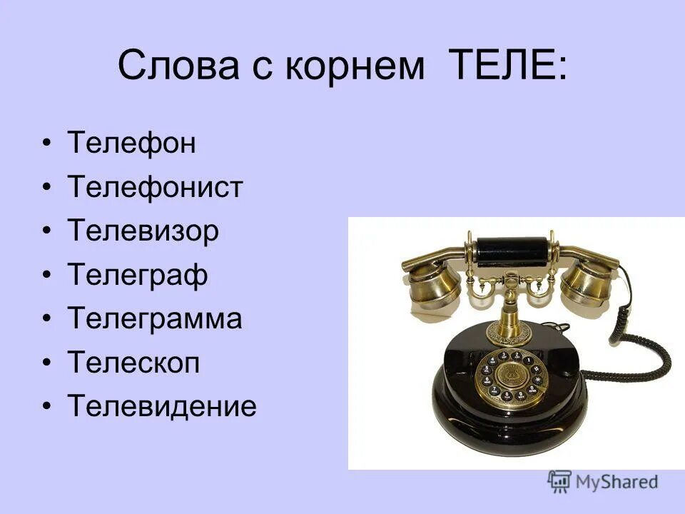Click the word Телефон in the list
click(x=131, y=143)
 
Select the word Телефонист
click(x=156, y=188)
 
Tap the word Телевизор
click(x=143, y=231)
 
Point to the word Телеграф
click(x=138, y=275)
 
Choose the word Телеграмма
click(x=155, y=318)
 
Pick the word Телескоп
click(x=133, y=363)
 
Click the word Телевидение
click(x=162, y=406)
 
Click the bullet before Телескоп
click(x=47, y=363)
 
